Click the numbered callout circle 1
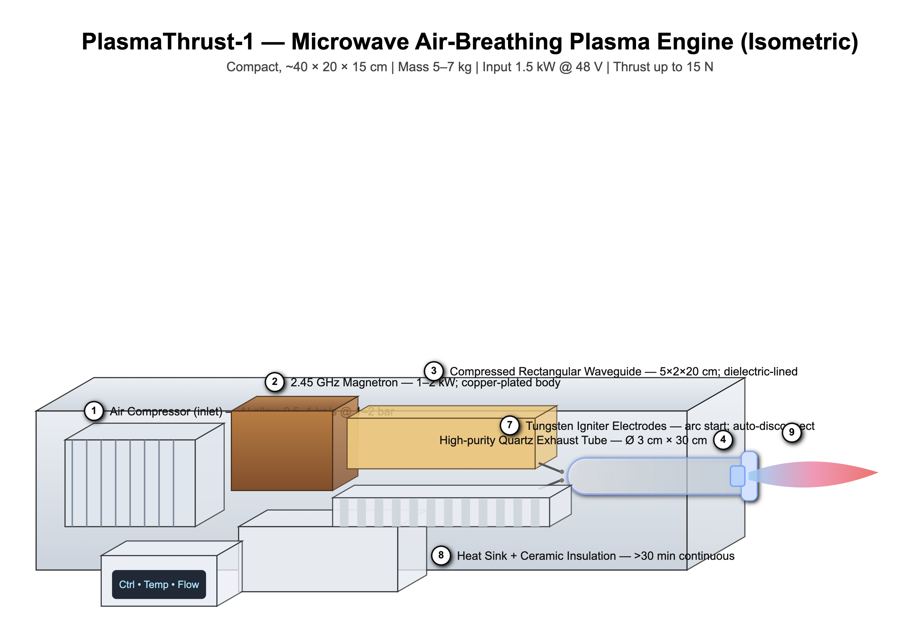click(94, 411)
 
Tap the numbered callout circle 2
click(275, 382)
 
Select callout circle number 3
click(434, 371)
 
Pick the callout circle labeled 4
click(723, 439)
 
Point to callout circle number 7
click(509, 425)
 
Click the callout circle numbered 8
click(441, 555)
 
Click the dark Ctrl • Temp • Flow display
click(159, 584)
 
